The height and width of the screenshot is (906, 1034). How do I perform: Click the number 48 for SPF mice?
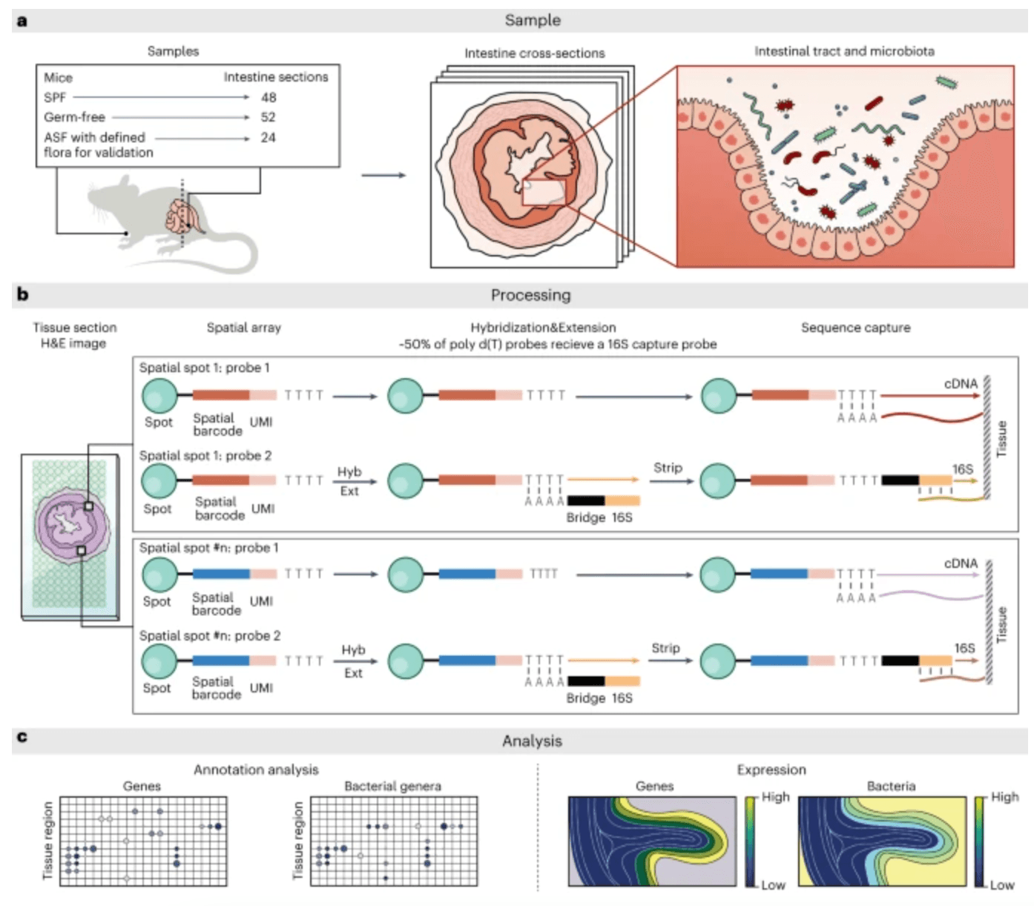pyautogui.click(x=269, y=97)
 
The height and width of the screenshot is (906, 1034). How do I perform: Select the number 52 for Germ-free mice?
pyautogui.click(x=268, y=117)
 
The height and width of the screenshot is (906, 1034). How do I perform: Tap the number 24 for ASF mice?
pyautogui.click(x=268, y=137)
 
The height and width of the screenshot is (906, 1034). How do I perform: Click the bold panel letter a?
pyautogui.click(x=22, y=21)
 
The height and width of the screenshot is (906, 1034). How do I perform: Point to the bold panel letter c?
pyautogui.click(x=22, y=736)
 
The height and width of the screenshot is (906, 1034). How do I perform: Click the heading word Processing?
pyautogui.click(x=530, y=295)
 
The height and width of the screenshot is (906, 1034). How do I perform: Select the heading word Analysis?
pyautogui.click(x=532, y=741)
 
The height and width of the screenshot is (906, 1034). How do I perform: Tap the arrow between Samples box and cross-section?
pyautogui.click(x=383, y=176)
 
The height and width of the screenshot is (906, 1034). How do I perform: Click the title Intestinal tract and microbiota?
pyautogui.click(x=844, y=51)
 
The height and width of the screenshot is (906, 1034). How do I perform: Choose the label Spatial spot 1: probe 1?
pyautogui.click(x=205, y=368)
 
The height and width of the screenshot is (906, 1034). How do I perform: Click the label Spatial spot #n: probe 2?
pyautogui.click(x=210, y=635)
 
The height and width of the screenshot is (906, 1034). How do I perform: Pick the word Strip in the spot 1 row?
pyautogui.click(x=668, y=468)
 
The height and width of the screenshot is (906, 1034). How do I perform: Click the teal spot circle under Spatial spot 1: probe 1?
pyautogui.click(x=159, y=396)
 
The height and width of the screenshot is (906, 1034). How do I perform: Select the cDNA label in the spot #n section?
pyautogui.click(x=961, y=563)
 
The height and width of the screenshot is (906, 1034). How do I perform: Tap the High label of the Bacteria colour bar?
pyautogui.click(x=1004, y=797)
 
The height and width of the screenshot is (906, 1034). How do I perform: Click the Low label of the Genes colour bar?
pyautogui.click(x=773, y=884)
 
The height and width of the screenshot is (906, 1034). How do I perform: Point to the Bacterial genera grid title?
pyautogui.click(x=392, y=786)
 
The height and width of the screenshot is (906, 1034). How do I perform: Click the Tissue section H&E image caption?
pyautogui.click(x=74, y=335)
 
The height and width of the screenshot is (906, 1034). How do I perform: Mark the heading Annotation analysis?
pyautogui.click(x=256, y=770)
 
